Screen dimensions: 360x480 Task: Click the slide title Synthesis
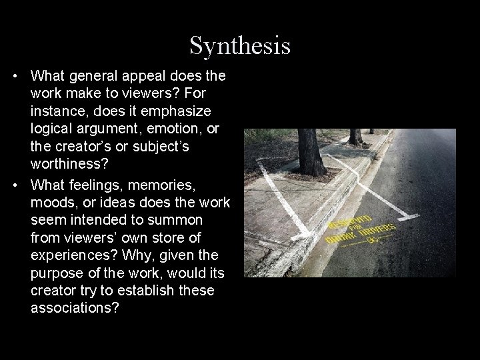240,45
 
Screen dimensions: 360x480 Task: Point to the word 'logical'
51,127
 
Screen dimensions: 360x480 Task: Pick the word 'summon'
200,219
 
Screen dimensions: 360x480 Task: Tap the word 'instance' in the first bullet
57,110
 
